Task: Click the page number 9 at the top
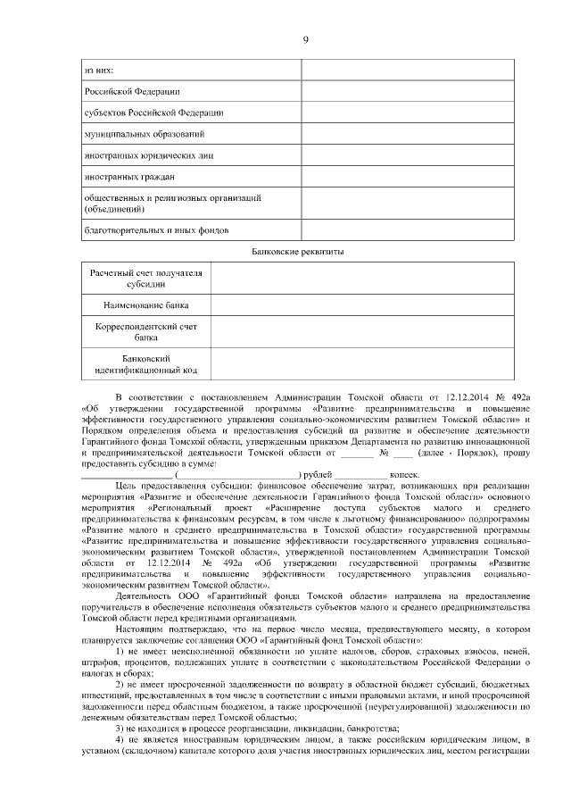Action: coord(304,39)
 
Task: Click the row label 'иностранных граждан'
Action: coord(128,176)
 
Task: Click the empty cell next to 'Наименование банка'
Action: coord(361,305)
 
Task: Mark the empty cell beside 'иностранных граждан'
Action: coord(407,176)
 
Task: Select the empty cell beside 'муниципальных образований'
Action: coord(407,134)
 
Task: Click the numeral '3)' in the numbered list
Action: coord(121,729)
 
